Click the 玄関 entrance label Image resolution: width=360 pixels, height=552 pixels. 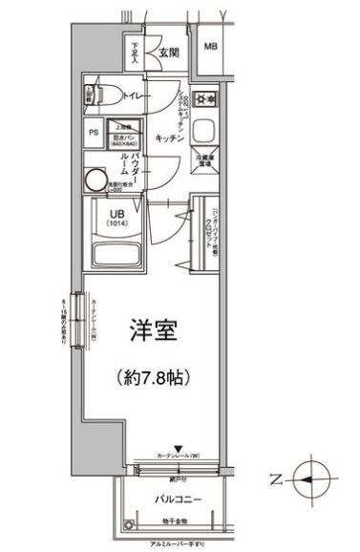point(169,53)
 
